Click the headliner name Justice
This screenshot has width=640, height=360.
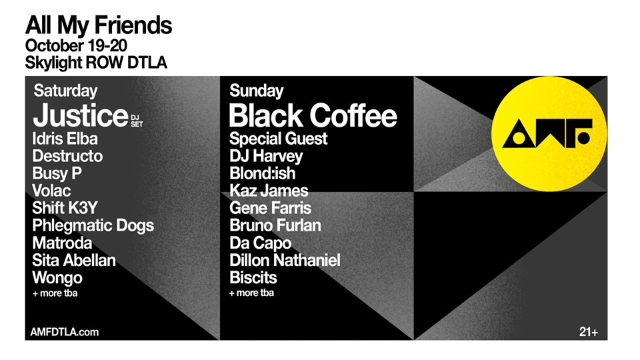click(x=81, y=115)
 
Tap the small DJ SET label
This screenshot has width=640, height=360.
click(x=137, y=121)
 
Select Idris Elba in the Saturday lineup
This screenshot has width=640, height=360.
click(x=65, y=139)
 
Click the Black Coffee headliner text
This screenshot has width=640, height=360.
click(x=313, y=115)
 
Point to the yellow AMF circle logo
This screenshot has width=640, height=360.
click(x=549, y=134)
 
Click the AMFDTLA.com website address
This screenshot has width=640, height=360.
click(x=65, y=332)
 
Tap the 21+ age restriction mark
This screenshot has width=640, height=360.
click(x=589, y=332)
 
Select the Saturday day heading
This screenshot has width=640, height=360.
click(x=65, y=91)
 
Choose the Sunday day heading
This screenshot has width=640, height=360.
click(x=256, y=91)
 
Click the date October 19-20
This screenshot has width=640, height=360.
click(x=76, y=45)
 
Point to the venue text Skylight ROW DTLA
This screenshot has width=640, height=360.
click(x=96, y=63)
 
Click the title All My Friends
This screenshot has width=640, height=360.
click(x=99, y=25)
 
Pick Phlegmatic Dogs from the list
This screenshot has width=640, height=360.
click(x=93, y=226)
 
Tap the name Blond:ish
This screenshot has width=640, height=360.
click(x=262, y=173)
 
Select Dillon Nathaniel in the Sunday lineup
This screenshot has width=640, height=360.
click(x=285, y=261)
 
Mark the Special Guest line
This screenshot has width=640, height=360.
click(x=278, y=139)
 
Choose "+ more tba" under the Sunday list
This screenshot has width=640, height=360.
click(x=251, y=293)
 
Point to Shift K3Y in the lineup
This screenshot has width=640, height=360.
click(x=65, y=208)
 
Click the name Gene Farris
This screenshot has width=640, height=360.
click(x=270, y=208)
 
